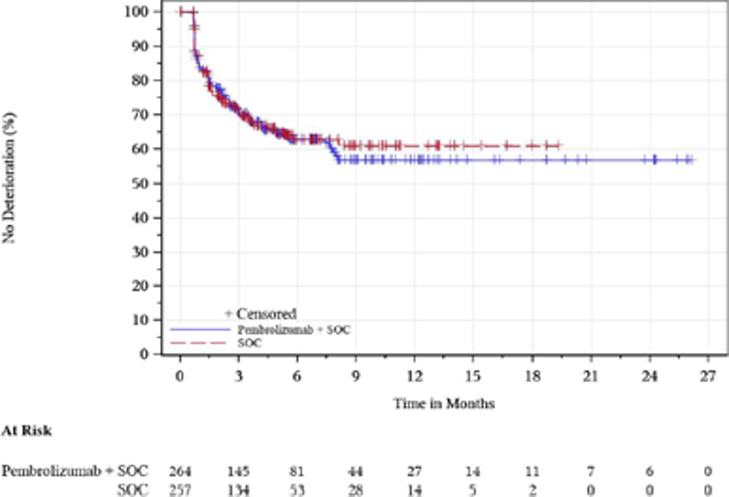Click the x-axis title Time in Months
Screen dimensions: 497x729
click(x=444, y=404)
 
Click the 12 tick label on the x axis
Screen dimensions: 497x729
click(x=415, y=376)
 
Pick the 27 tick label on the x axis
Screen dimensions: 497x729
click(x=708, y=376)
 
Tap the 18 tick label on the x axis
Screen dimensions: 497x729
click(x=532, y=376)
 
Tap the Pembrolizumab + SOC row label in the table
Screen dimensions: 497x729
click(x=77, y=472)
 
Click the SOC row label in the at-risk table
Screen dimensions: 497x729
click(x=141, y=489)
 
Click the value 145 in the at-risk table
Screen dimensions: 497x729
click(x=238, y=472)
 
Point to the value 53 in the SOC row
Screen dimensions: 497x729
click(x=297, y=489)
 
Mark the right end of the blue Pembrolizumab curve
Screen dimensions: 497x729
click(x=695, y=160)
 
